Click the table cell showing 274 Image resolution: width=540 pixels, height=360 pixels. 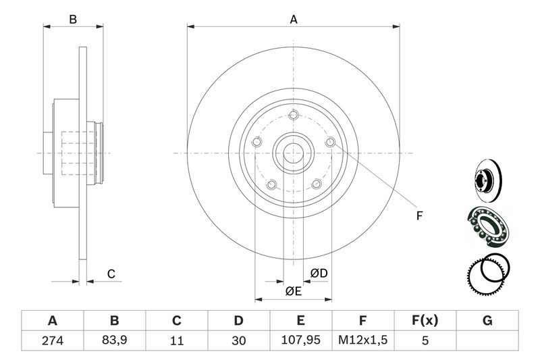pos(53,340)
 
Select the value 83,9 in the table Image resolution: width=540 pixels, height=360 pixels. pos(115,340)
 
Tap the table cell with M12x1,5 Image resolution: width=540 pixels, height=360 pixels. pos(362,340)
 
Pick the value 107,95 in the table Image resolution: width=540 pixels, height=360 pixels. pos(301,340)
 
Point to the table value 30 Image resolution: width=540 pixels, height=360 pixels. pos(239,340)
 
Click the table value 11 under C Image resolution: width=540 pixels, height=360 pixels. pos(177,340)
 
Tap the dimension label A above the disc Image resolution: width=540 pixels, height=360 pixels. pos(294,20)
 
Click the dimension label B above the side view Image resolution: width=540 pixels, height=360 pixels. pos(74,20)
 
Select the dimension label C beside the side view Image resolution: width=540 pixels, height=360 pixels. pos(112,274)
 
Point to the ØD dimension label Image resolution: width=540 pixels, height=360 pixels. pos(319,273)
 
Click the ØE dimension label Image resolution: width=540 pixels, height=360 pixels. pos(293,291)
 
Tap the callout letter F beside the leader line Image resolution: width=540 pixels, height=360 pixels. pos(418,216)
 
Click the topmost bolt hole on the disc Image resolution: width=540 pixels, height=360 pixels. pos(294,114)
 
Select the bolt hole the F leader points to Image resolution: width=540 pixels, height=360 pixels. pos(330,142)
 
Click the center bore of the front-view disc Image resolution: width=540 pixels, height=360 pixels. pos(294,153)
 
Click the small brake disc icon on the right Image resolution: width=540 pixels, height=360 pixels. pos(485,183)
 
